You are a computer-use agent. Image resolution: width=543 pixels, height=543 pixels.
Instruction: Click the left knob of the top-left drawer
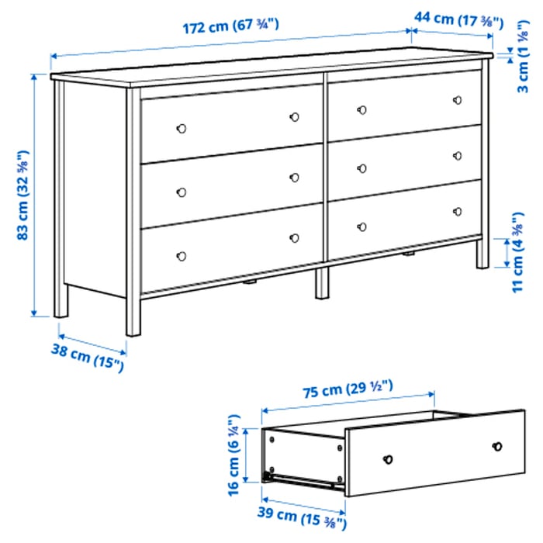tap(182, 127)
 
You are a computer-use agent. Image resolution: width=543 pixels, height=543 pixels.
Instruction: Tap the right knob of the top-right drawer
tap(458, 100)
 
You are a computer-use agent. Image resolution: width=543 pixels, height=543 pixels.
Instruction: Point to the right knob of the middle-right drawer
tap(458, 156)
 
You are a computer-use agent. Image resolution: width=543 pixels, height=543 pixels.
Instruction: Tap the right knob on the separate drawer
tap(497, 446)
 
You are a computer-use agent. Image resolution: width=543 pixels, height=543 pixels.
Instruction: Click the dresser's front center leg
tap(321, 283)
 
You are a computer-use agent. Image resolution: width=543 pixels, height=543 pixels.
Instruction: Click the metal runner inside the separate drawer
tap(306, 479)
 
